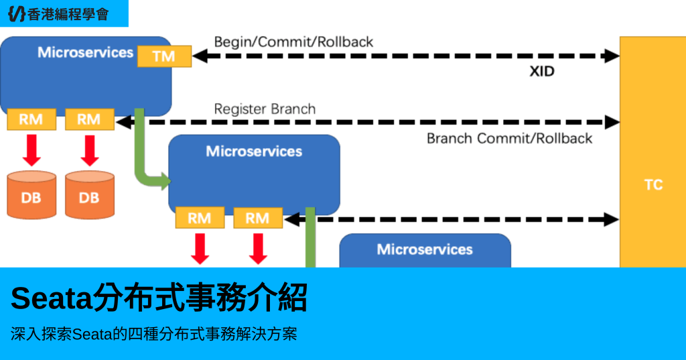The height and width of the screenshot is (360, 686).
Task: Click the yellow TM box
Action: coord(164,56)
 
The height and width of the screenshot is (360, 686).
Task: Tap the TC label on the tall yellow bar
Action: coord(653,185)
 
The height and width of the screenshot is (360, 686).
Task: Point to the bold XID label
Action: coord(542,71)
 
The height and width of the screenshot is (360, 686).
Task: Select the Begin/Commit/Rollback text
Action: coord(293,42)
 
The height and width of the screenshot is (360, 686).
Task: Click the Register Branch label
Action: coord(265,109)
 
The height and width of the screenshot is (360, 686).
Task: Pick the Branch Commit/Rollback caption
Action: coord(509,139)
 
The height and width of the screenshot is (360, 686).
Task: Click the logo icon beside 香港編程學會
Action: coord(16,13)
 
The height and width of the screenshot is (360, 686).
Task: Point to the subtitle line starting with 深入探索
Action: coord(153,334)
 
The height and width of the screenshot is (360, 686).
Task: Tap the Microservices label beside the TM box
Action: coord(85,52)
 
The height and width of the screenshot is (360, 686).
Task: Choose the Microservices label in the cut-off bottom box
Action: coord(425,249)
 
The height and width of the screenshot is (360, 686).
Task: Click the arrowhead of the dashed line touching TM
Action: coord(198,56)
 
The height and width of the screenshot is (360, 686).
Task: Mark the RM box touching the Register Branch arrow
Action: coord(89,120)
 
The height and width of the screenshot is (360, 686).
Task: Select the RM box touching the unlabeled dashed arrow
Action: coord(257,218)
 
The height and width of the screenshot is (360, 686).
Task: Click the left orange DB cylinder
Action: coord(31,195)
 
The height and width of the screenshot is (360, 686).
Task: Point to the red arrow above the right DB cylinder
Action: coord(89,149)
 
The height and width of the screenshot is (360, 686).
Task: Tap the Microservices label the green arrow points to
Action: coord(254,152)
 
